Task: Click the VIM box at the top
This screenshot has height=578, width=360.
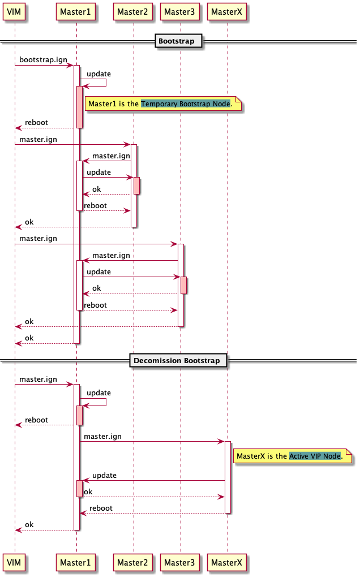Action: tap(15, 11)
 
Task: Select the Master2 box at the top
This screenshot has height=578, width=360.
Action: tap(134, 11)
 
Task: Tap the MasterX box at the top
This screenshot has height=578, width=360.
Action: tap(227, 11)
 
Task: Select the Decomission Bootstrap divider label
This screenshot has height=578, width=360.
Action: tap(178, 360)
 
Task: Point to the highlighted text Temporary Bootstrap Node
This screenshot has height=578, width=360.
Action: tap(186, 104)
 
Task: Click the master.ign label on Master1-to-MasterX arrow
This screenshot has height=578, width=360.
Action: tap(102, 436)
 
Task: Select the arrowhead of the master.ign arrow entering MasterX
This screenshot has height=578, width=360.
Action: tap(222, 441)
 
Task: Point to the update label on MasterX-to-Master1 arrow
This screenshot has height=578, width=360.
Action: tap(104, 475)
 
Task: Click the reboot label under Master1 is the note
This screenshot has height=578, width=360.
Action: tap(36, 122)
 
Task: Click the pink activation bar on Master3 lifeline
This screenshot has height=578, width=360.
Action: tap(184, 286)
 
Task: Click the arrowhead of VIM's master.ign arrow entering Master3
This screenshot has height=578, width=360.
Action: tap(175, 244)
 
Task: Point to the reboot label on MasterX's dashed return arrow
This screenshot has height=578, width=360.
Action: tap(101, 508)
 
